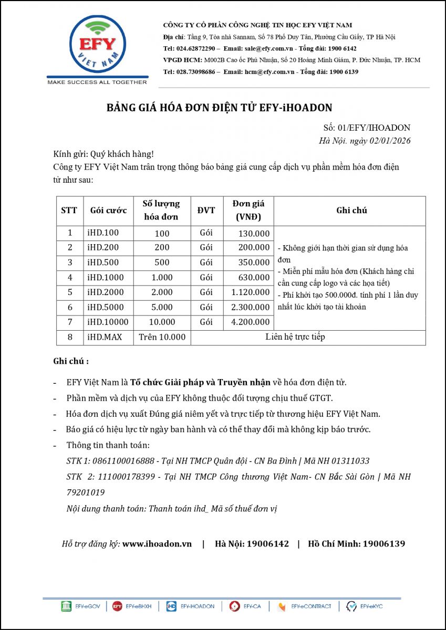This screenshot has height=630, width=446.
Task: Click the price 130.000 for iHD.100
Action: coord(254,233)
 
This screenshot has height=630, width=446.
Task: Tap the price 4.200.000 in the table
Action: coord(250,322)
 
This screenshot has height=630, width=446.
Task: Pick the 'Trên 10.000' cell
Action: coord(162,337)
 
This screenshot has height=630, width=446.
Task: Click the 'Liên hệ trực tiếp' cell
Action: coord(295,337)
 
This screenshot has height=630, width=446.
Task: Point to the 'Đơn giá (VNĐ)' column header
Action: coord(248,211)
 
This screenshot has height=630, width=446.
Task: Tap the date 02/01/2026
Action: coord(389,141)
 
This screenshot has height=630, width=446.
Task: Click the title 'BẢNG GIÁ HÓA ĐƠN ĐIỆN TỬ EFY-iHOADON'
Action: coord(220,108)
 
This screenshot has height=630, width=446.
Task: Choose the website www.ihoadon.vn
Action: coord(157,544)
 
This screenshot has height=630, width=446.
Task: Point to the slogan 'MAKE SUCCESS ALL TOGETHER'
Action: coord(97,82)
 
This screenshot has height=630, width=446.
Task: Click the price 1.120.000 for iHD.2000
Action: coord(250,292)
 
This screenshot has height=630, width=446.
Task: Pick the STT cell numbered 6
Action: coord(70,307)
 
